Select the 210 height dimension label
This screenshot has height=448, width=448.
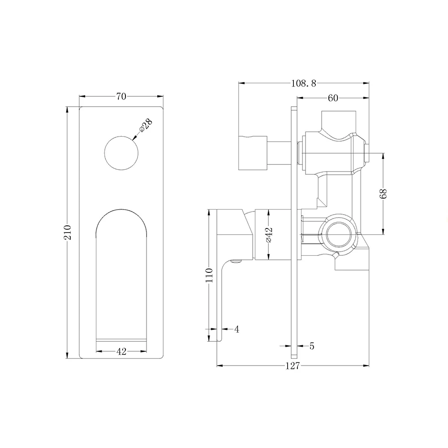point(68,232)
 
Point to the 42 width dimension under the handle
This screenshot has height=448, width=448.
point(121,352)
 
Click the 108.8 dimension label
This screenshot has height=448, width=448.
point(303,83)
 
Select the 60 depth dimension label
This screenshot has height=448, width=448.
point(332,99)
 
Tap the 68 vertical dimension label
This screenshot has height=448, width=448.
point(383,194)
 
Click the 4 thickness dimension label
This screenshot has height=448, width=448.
point(237,330)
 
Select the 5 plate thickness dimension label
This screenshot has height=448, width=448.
point(312,346)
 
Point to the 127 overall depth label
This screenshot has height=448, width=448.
point(292,366)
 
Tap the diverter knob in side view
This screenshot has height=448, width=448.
point(253,152)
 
